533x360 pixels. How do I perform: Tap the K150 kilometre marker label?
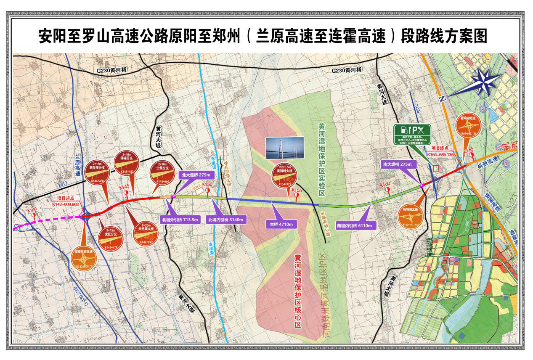(x=207, y=185)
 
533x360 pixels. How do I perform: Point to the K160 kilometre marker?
(x=385, y=185)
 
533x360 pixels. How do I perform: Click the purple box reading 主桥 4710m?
(x=282, y=225)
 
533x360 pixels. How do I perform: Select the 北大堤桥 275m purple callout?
(x=195, y=175)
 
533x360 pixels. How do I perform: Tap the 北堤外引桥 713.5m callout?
(x=180, y=220)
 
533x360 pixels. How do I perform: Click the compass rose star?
(x=483, y=82)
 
